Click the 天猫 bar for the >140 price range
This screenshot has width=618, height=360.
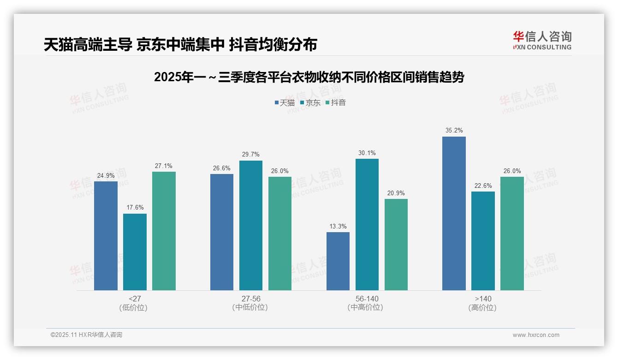click(x=454, y=213)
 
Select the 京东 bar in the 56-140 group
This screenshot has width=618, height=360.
click(x=367, y=224)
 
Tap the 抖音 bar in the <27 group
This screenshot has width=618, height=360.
click(x=164, y=231)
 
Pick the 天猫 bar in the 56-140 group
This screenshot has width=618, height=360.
click(x=338, y=261)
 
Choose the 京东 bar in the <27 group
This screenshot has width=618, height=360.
click(x=135, y=252)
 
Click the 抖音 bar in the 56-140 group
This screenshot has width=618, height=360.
click(x=396, y=245)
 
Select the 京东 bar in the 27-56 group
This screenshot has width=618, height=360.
click(x=251, y=225)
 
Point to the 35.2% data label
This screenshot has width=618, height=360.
click(x=454, y=131)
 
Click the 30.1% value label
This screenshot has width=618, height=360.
click(x=367, y=153)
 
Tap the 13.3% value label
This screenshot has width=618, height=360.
click(x=338, y=226)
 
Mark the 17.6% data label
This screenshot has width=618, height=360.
click(x=135, y=208)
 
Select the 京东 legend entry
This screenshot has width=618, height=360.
click(x=310, y=102)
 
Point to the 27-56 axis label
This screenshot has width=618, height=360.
click(x=251, y=299)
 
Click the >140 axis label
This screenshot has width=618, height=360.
click(x=483, y=299)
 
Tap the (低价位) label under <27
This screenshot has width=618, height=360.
click(x=133, y=307)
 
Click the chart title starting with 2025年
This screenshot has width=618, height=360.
click(x=309, y=77)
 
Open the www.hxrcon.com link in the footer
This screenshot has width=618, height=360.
click(x=536, y=335)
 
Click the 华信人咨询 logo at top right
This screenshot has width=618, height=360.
click(x=542, y=40)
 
